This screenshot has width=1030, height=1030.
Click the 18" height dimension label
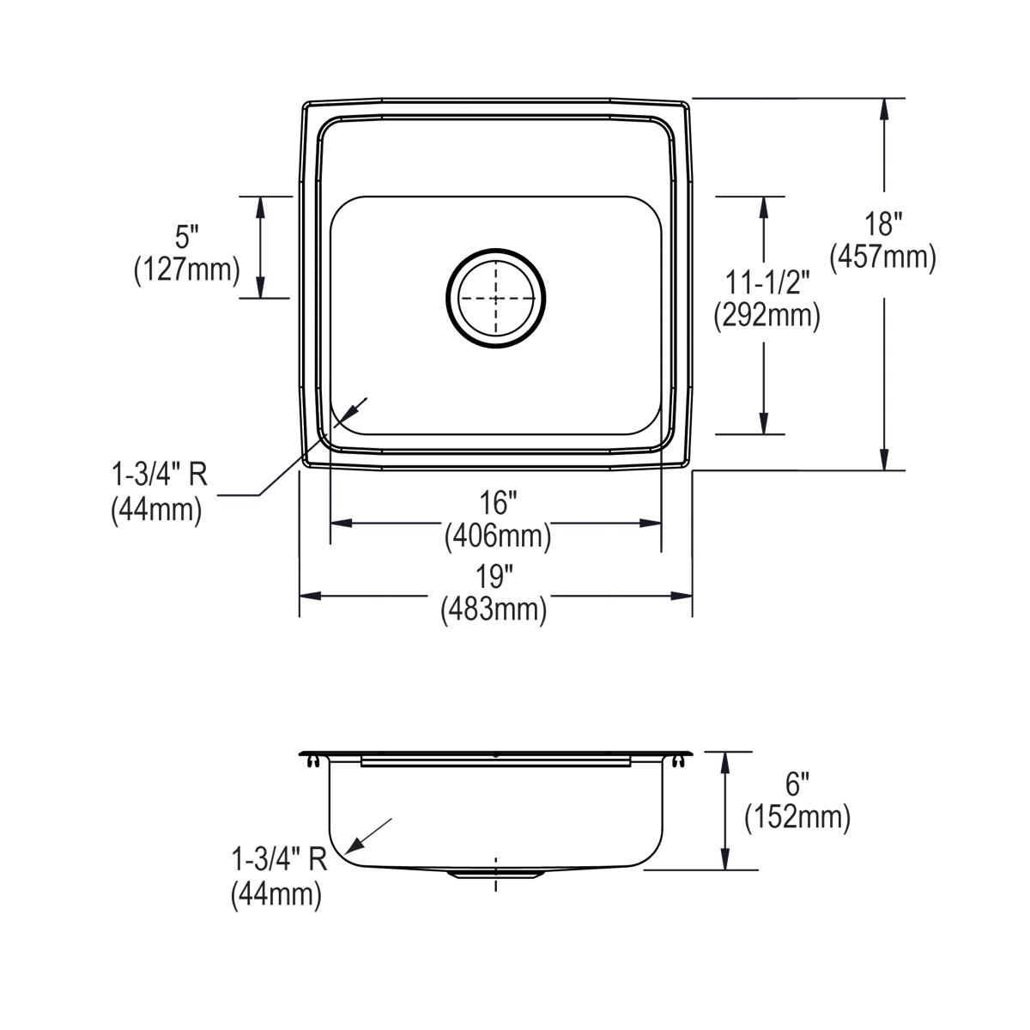pos(883,226)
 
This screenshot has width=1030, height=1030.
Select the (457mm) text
pos(883,257)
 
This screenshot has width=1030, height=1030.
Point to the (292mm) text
pos(766,317)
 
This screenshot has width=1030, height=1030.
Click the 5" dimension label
pos(186,238)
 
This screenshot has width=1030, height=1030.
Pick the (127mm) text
pos(186,270)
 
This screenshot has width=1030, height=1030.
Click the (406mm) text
pos(497,536)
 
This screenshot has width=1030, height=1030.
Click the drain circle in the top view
pos(495,299)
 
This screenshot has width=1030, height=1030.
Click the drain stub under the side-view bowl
pos(495,874)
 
